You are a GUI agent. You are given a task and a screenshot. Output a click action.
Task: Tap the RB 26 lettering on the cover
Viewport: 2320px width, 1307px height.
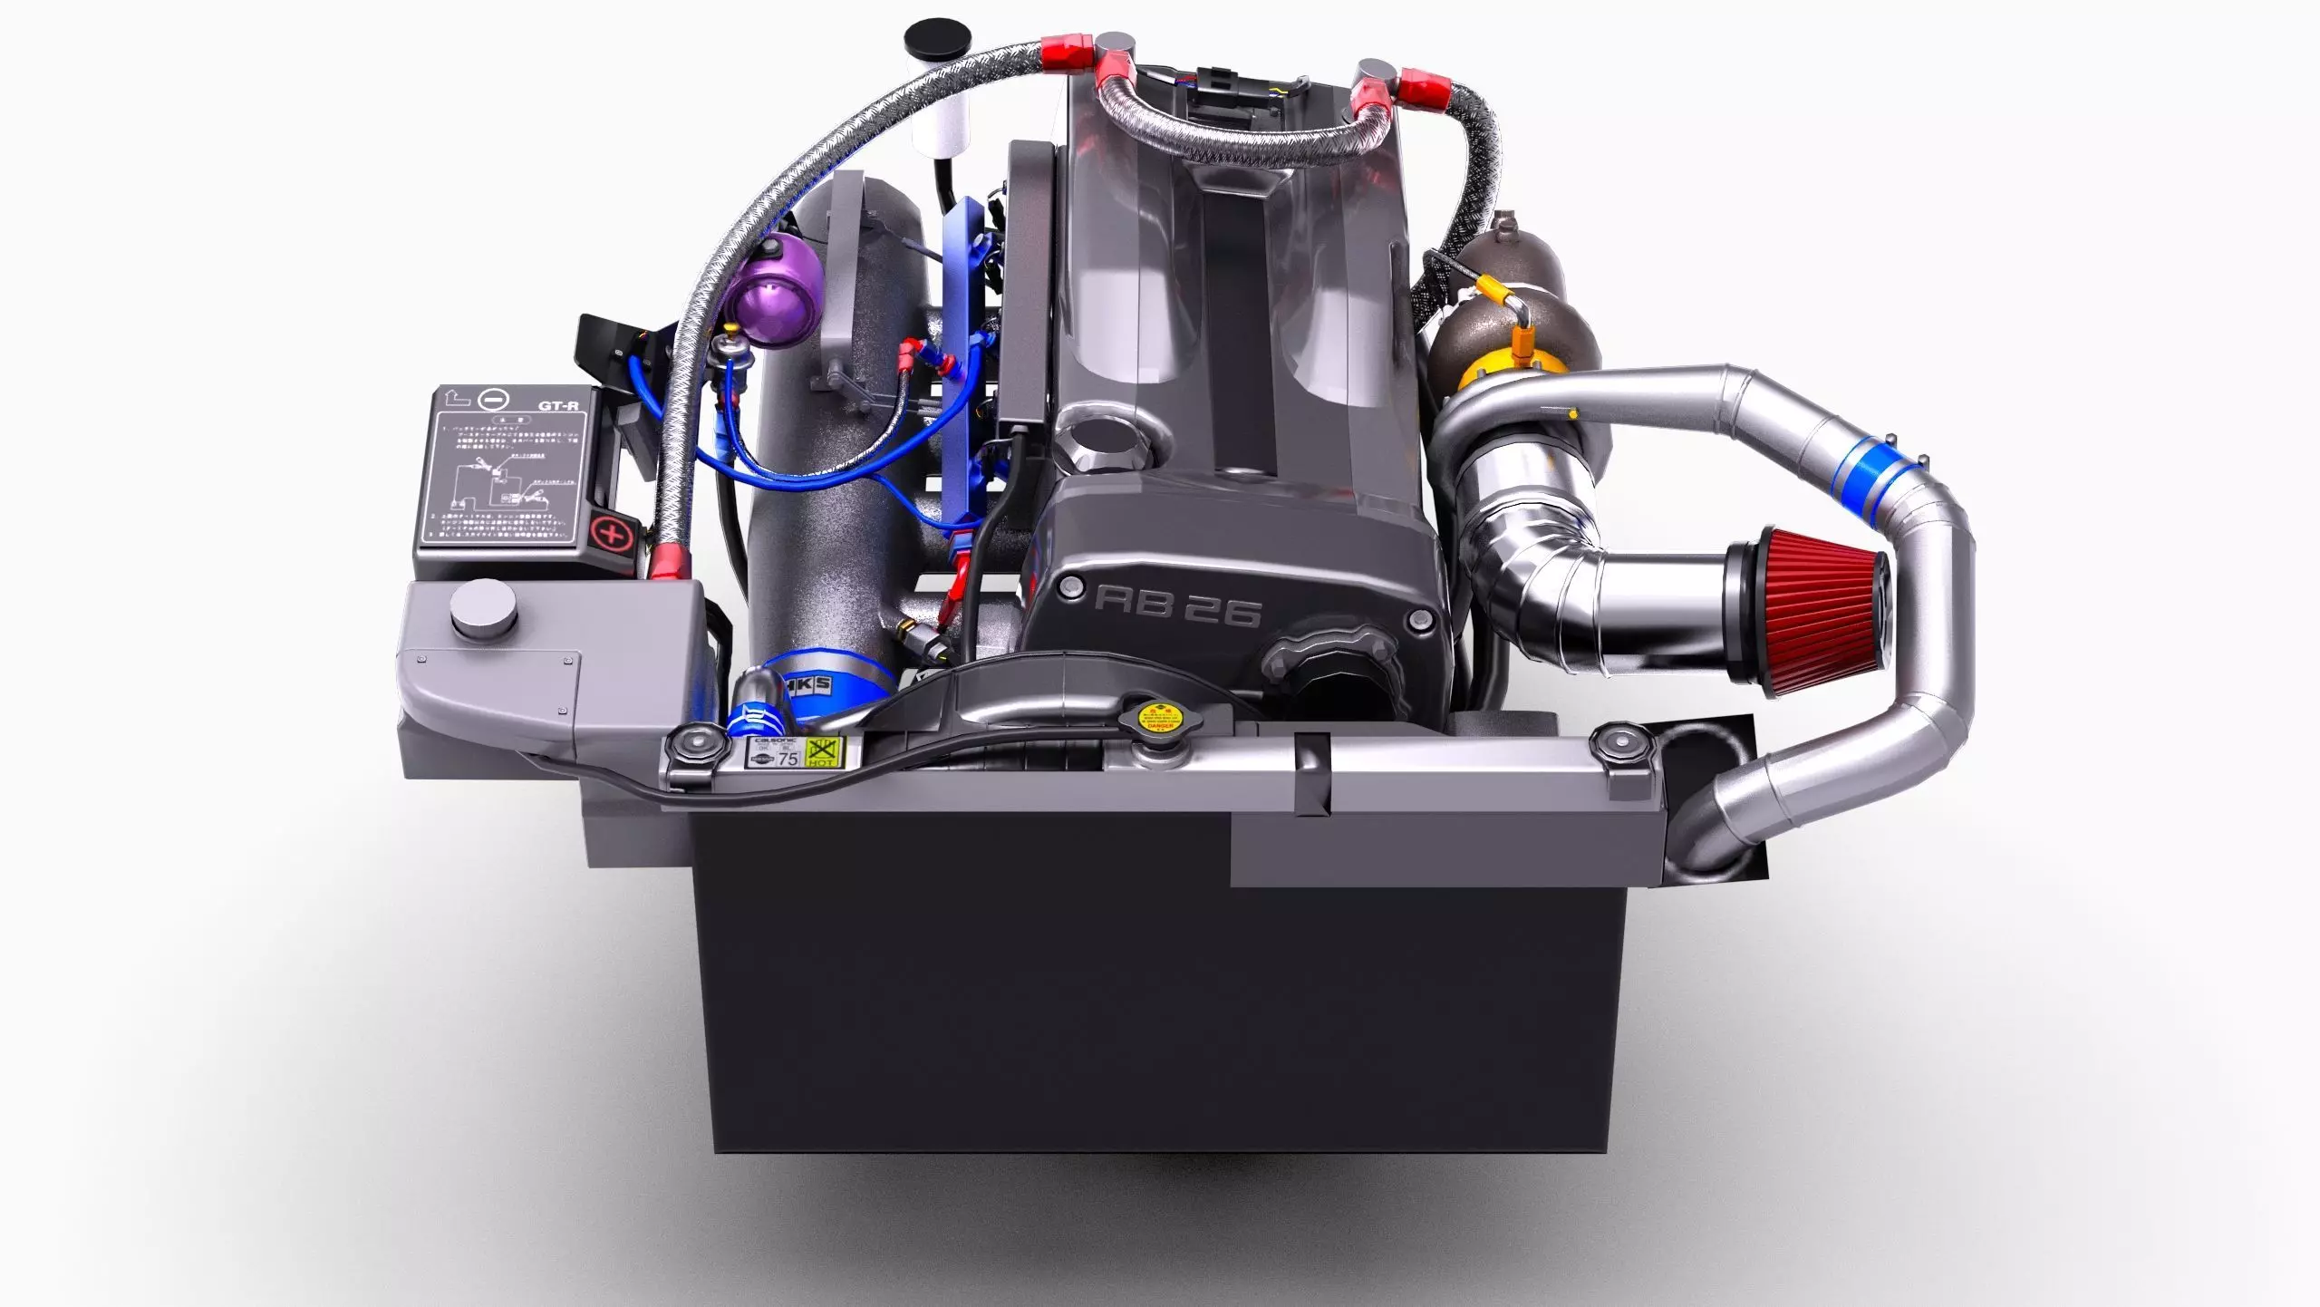point(1176,605)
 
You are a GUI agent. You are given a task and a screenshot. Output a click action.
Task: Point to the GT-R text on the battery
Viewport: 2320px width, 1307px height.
point(558,405)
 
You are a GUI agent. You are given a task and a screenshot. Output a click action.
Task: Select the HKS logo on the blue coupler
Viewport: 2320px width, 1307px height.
point(807,684)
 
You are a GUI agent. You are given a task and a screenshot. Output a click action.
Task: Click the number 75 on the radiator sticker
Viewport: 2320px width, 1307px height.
point(788,758)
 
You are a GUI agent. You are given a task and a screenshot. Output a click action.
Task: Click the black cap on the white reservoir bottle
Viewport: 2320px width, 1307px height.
point(938,41)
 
